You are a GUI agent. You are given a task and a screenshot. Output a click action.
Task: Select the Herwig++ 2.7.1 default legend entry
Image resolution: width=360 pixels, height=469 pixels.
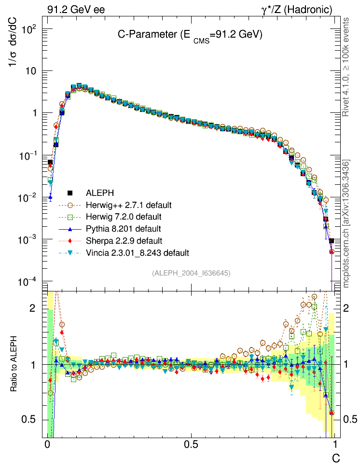click(128, 205)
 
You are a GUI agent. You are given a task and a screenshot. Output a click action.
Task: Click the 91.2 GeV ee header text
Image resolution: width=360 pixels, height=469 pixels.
click(76, 9)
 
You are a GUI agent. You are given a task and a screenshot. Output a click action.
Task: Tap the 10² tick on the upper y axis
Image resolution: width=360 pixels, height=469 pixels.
click(29, 29)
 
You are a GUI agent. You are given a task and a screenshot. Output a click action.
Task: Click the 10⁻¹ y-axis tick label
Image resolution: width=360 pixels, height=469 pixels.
click(28, 155)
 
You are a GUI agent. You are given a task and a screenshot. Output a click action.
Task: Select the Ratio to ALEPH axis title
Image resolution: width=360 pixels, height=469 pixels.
click(14, 363)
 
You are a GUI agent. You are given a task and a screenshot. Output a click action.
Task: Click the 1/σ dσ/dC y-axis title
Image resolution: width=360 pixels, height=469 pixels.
click(14, 46)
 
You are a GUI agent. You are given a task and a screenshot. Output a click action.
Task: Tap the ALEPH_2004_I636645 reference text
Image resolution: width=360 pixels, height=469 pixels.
click(191, 273)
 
